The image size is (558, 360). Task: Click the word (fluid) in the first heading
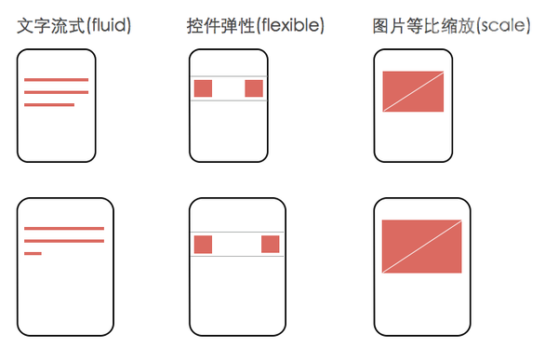point(109,26)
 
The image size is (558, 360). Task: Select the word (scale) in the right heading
point(503,26)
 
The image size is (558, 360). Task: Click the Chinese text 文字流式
point(51,26)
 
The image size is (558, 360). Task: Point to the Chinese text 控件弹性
point(221,26)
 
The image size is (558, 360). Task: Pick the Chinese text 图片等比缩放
point(423,26)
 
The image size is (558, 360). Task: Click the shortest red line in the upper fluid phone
point(49,105)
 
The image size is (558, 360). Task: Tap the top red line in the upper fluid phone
point(56,80)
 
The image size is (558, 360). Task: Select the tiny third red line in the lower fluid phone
point(33,254)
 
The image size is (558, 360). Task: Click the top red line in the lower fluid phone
point(64,229)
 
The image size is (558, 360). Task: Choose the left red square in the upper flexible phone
point(203,88)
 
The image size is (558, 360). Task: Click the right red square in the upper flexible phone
point(254,88)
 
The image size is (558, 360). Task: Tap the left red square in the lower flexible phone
point(203,245)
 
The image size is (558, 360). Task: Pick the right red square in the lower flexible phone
point(271,245)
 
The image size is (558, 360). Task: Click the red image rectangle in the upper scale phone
point(413,91)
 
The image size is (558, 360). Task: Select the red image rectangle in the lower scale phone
point(421,247)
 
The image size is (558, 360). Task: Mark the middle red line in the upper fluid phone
point(56,92)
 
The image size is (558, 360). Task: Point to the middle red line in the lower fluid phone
point(64,241)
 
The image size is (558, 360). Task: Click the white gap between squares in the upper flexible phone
point(229,88)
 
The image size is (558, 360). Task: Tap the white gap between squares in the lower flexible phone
point(236,245)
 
